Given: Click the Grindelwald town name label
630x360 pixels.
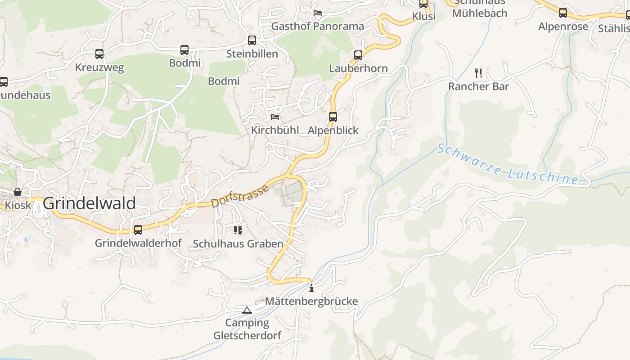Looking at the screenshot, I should [89, 203].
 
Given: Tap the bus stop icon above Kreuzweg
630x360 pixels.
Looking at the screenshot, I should [99, 54].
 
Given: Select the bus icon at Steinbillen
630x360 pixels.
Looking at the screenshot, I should [252, 40].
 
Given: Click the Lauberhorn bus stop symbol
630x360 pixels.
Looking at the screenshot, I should [358, 55].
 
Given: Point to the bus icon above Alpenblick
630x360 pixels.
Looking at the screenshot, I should [333, 117].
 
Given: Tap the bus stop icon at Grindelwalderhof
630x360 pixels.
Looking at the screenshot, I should [138, 230].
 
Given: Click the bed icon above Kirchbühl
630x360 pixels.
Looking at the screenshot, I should [275, 117].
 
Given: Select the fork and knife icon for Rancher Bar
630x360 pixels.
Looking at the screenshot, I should [478, 73].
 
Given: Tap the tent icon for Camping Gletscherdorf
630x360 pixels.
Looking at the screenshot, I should [247, 310].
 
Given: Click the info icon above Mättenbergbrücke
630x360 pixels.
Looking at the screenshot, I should [311, 288].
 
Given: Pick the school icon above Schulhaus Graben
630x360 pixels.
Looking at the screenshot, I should [238, 230].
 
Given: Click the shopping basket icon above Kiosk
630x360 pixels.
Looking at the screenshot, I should [18, 192].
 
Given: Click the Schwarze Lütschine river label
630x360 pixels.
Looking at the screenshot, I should [507, 165].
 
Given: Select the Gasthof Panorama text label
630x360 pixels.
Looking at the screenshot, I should [317, 26].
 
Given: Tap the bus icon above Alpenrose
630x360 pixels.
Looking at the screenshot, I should [563, 13].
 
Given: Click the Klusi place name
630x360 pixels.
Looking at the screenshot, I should [424, 17].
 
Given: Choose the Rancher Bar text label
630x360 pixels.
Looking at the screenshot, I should [478, 86].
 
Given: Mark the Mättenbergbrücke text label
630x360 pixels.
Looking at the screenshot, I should [311, 301].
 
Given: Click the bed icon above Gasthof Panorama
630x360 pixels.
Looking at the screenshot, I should [318, 13].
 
